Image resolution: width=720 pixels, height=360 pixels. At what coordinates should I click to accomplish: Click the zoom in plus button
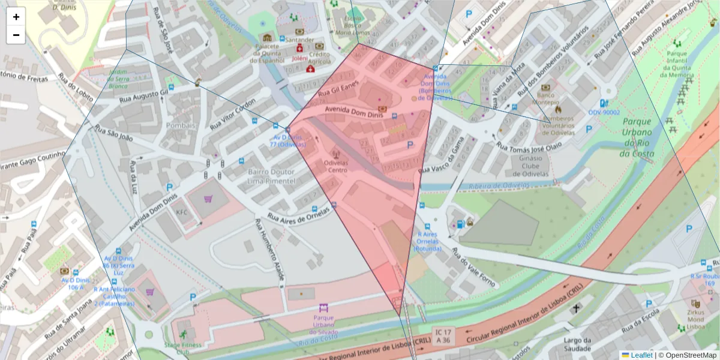pos(16,17)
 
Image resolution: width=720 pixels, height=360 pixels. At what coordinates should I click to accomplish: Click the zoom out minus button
pos(16,35)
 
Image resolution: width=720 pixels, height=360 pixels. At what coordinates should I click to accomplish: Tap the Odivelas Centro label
pos(335,166)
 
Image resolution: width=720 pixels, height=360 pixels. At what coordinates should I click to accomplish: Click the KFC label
pos(181,212)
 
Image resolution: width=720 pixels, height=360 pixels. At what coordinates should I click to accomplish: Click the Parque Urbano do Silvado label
pos(323,325)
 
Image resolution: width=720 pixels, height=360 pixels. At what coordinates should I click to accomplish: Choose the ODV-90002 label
pos(604,112)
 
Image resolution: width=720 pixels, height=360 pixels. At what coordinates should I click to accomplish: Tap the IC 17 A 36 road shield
pos(443,336)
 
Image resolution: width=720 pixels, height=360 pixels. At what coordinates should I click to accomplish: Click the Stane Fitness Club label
pos(178,349)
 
